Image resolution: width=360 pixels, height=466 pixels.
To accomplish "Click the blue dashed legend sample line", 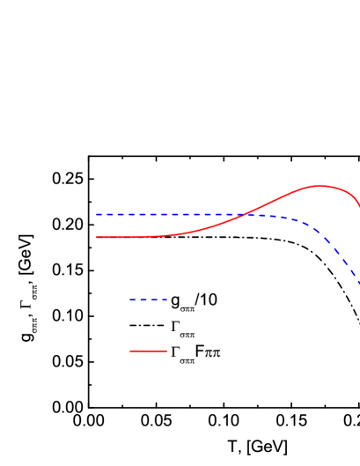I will [x=148, y=300].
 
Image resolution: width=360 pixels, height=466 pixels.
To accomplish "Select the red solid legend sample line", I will [x=149, y=351].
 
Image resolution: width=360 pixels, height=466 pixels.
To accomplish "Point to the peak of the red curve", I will [x=320, y=186].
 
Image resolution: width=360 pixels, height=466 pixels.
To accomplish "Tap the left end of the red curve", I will [x=97, y=237].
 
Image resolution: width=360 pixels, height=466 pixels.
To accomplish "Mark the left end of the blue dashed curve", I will [x=97, y=214].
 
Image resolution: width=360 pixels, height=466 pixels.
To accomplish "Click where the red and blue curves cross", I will [x=244, y=214].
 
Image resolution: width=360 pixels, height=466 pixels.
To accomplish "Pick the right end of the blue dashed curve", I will [x=359, y=283].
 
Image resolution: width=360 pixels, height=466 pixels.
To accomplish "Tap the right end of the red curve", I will [x=359, y=208].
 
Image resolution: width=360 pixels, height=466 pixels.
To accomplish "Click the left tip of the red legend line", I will [x=130, y=351].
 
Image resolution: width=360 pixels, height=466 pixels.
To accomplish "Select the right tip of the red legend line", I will [x=167, y=351].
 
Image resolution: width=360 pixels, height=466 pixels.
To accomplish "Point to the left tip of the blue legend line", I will [x=130, y=300].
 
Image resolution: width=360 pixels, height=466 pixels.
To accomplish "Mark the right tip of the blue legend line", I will [x=166, y=300].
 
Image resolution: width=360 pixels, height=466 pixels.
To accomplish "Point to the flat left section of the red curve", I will [x=132, y=237].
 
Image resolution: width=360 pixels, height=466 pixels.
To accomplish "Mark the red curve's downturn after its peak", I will [x=352, y=196].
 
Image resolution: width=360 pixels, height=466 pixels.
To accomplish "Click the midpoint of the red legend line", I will [x=149, y=351].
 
